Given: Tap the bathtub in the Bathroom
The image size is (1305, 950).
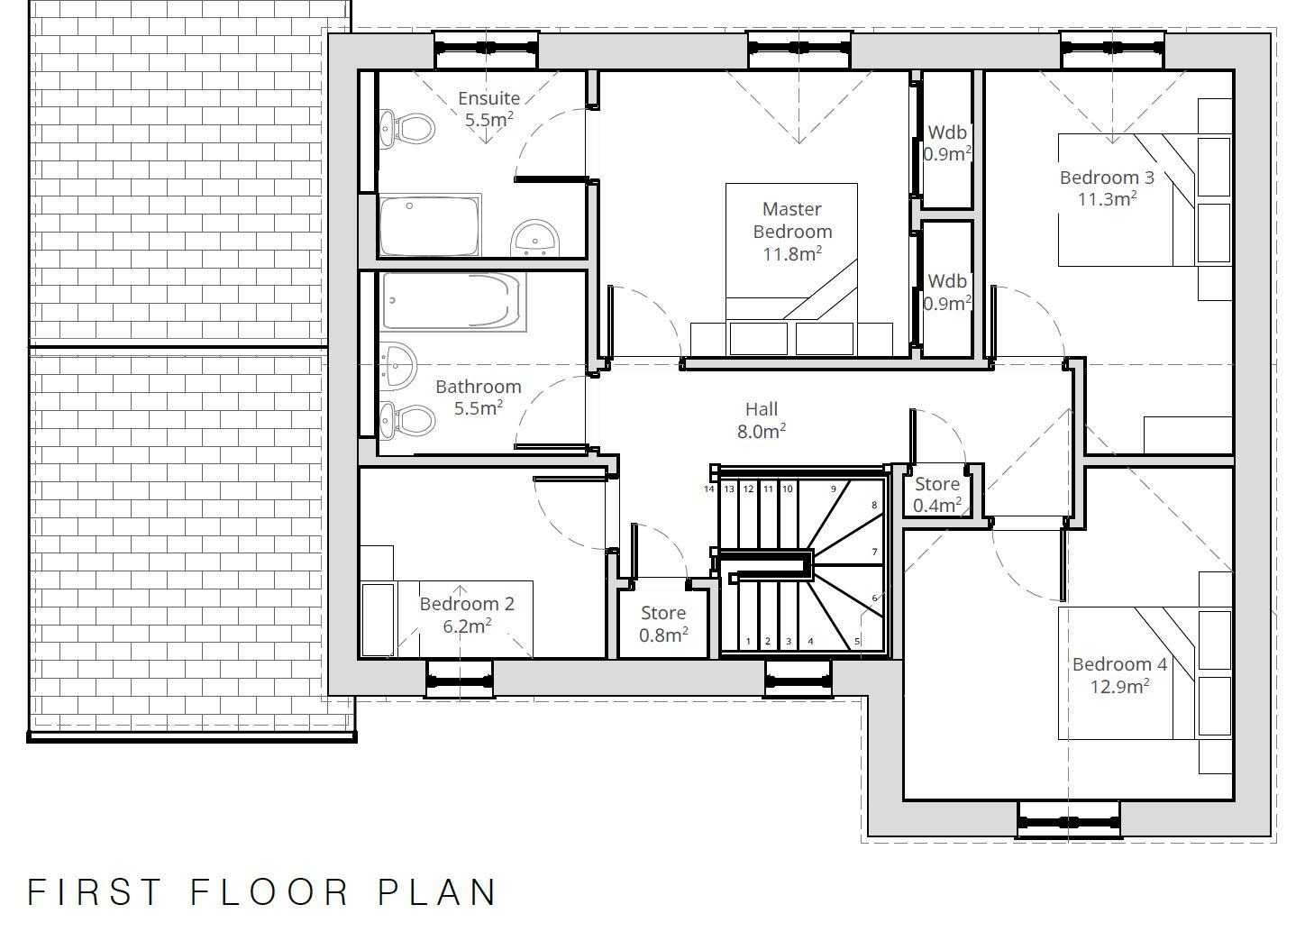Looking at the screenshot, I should (x=452, y=302).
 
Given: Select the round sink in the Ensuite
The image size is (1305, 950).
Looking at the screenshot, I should (x=535, y=239).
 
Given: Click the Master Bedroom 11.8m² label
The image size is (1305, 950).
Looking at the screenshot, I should (x=792, y=232).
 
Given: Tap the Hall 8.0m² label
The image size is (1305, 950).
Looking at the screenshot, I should (x=762, y=421).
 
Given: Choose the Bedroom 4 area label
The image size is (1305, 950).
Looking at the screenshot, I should (x=1119, y=675).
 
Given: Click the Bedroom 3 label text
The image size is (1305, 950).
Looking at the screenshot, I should (x=1107, y=187).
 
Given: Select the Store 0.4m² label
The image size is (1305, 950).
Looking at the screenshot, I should (x=937, y=495).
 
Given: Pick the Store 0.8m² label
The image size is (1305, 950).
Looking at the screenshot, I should (x=663, y=624).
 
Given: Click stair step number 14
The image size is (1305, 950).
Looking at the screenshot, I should (x=709, y=489).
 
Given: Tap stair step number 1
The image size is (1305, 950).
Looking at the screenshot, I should (x=748, y=642).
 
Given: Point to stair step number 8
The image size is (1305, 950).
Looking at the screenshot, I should (x=873, y=506).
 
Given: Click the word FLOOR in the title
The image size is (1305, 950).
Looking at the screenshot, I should (x=269, y=891).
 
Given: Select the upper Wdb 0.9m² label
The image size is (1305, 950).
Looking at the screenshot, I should (x=947, y=142).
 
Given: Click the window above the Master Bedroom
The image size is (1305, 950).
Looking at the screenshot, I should (x=799, y=49).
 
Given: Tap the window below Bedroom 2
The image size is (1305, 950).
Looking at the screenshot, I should (x=459, y=679).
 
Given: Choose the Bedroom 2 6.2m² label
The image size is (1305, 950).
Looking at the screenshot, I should (x=467, y=614).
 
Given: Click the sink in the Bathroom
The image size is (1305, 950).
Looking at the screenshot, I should (x=397, y=361).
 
